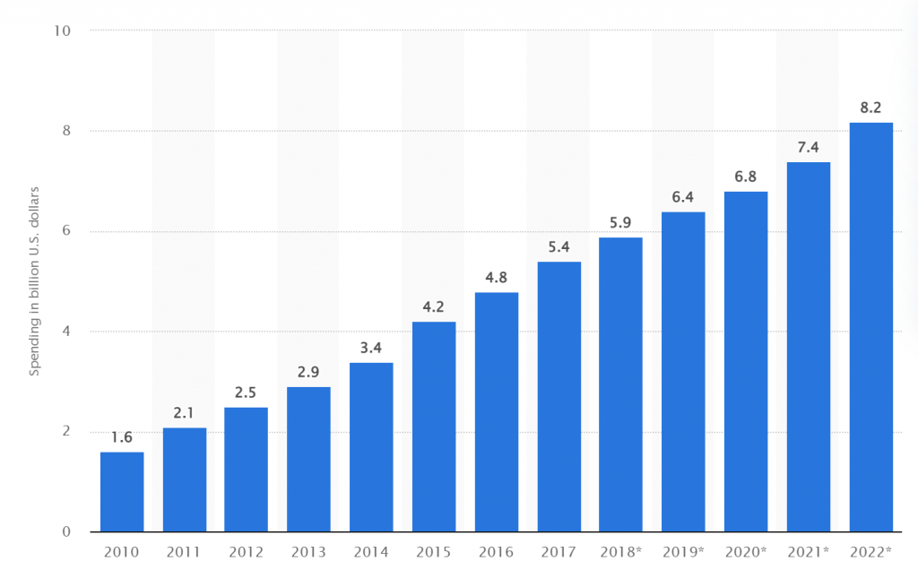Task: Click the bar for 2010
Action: [121, 492]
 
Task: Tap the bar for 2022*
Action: [871, 327]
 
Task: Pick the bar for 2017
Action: [559, 397]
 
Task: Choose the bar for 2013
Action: [308, 460]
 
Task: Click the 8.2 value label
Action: [871, 107]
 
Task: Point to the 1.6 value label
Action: [121, 437]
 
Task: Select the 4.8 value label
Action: [497, 277]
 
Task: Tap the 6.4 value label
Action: [683, 196]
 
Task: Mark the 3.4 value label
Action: [371, 347]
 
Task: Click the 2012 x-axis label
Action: [247, 552]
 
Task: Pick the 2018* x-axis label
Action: [621, 552]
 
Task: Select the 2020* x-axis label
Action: [746, 552]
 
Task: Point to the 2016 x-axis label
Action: [497, 552]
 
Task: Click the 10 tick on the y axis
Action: [64, 30]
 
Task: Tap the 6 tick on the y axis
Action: [67, 231]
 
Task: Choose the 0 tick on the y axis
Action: [67, 532]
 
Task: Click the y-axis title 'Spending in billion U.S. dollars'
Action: [35, 280]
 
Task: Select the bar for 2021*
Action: [809, 347]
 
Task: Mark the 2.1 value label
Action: [184, 412]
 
